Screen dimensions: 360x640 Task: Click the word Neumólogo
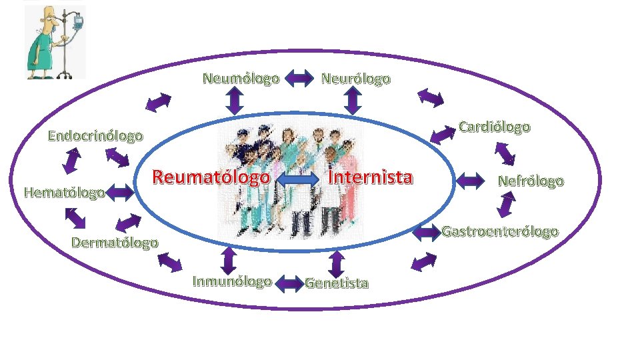click(x=241, y=79)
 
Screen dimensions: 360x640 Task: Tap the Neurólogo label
click(x=356, y=79)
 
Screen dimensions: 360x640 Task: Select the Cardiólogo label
click(x=495, y=127)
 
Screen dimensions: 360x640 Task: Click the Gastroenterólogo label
click(x=500, y=232)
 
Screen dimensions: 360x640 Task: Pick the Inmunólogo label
click(x=232, y=281)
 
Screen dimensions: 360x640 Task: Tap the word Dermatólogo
click(x=115, y=242)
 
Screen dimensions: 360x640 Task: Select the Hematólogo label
click(x=64, y=193)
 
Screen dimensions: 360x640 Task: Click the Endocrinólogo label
click(x=95, y=137)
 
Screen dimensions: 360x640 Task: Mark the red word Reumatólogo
click(x=211, y=177)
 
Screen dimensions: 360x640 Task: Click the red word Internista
click(x=371, y=177)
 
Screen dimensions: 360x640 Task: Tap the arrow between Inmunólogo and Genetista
click(x=289, y=283)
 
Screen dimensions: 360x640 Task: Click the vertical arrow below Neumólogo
click(x=234, y=101)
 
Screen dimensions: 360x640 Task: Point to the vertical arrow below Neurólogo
click(x=353, y=101)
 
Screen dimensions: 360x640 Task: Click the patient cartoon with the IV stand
click(x=55, y=42)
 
